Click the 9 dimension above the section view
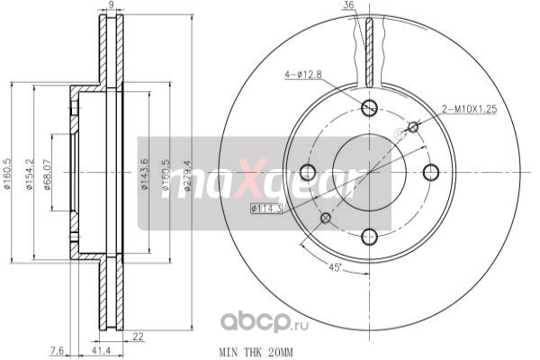pyautogui.click(x=111, y=4)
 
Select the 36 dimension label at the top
pyautogui.click(x=348, y=5)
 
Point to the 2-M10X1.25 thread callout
pyautogui.click(x=470, y=110)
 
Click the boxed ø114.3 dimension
pyautogui.click(x=266, y=209)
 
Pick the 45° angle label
pyautogui.click(x=334, y=267)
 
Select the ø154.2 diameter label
pyautogui.click(x=30, y=174)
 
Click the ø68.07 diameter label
pyautogui.click(x=47, y=175)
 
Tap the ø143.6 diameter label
pyautogui.click(x=145, y=174)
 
